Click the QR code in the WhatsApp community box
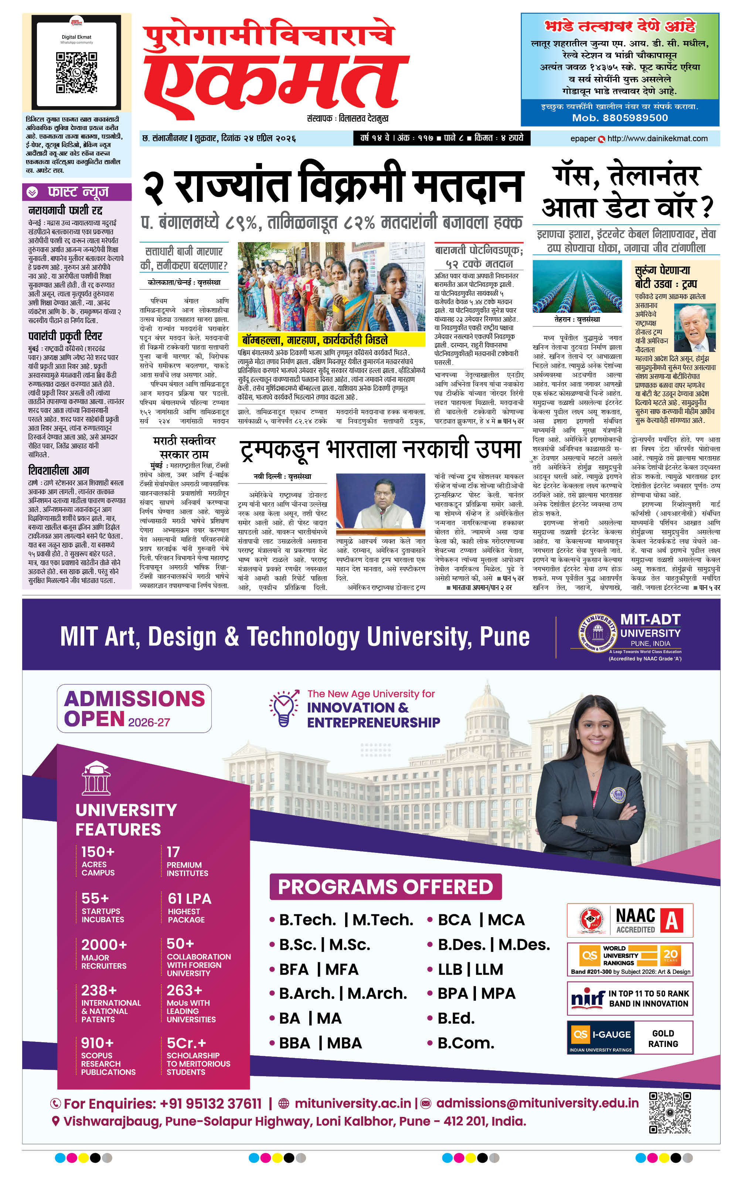click(x=76, y=72)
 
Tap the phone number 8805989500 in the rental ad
click(x=620, y=118)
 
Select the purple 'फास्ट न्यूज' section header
click(x=77, y=192)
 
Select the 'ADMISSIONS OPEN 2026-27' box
click(x=134, y=708)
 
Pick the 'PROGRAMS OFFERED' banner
click(x=385, y=887)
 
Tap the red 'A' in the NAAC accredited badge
click(x=671, y=921)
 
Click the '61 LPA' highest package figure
click(x=190, y=898)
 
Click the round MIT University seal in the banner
click(x=597, y=634)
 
